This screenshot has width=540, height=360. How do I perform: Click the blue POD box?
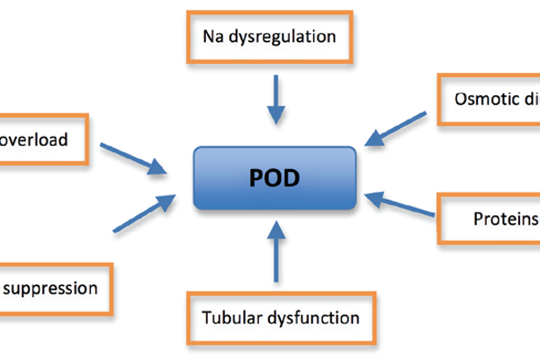click(274, 176)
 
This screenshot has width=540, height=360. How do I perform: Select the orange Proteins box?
click(490, 218)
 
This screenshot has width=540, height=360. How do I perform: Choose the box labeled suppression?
click(54, 289)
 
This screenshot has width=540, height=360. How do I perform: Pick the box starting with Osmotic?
click(490, 99)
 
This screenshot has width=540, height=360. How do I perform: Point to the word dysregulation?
click(286, 38)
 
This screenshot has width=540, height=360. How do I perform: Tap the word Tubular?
click(230, 317)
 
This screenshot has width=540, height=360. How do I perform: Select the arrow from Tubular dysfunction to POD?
click(276, 256)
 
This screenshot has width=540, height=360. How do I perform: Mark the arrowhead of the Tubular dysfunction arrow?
click(276, 237)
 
